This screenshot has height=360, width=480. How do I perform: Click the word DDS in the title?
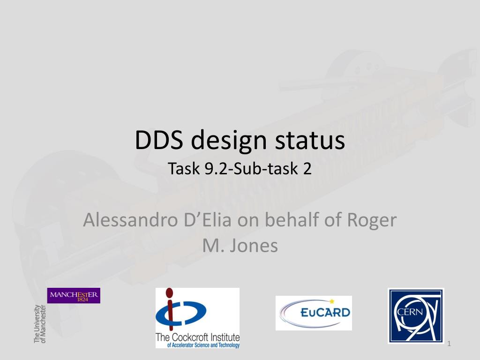coord(159,140)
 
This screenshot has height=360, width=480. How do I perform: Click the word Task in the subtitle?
coord(184,168)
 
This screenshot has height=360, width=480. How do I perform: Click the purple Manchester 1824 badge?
coord(74,295)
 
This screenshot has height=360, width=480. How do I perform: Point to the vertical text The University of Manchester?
coord(40,324)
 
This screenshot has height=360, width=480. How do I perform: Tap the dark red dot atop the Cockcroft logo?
coord(169,293)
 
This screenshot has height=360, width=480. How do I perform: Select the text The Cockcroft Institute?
coord(197,337)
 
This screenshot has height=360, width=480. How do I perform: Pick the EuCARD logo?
coord(314,313)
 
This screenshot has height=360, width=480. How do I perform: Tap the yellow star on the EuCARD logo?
coord(331,301)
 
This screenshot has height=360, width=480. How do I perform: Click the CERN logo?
coord(416,315)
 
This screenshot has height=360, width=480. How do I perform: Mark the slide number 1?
coord(449,344)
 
